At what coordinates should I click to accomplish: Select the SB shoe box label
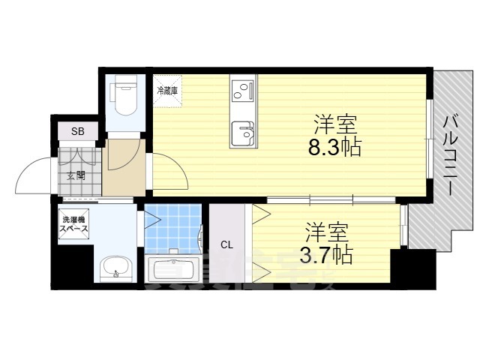pyautogui.click(x=78, y=132)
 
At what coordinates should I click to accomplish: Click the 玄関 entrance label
pyautogui.click(x=76, y=175)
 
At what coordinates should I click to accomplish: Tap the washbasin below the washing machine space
pyautogui.click(x=115, y=266)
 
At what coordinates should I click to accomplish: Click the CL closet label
pyautogui.click(x=226, y=244)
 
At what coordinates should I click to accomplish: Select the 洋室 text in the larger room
pyautogui.click(x=334, y=122)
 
